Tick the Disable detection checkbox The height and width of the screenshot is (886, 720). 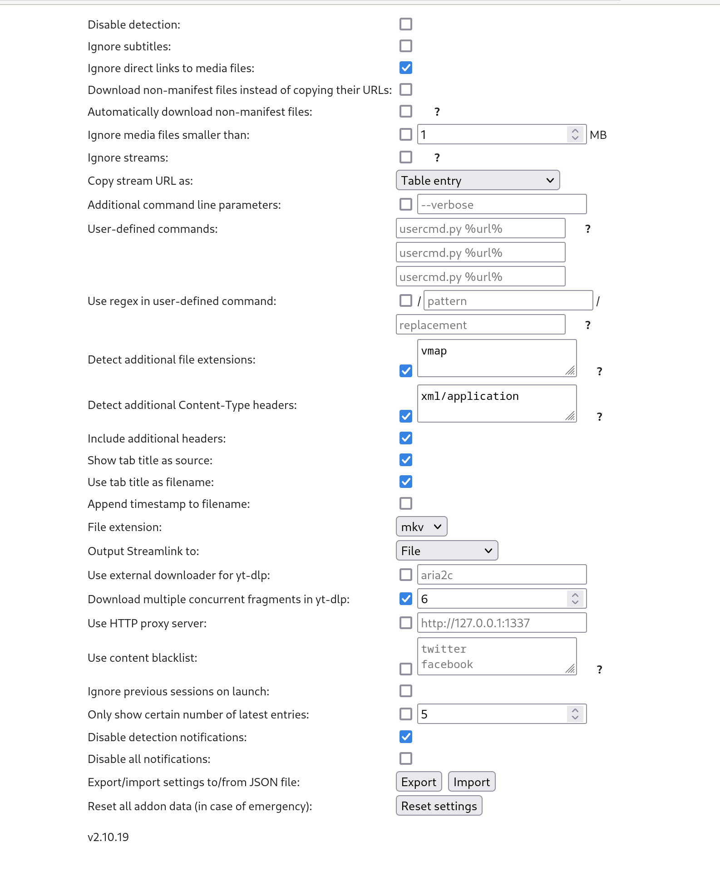pos(406,24)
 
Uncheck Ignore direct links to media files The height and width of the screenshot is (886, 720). pos(406,68)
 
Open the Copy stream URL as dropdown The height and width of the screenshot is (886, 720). pos(478,180)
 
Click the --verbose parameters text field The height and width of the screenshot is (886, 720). pos(502,204)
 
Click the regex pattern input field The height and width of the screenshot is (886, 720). pos(508,300)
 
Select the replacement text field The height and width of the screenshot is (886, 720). pos(480,325)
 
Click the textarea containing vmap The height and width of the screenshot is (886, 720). pos(497,358)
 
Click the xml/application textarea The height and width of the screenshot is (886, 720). pos(497,403)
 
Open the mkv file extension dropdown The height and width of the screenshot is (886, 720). pos(421,527)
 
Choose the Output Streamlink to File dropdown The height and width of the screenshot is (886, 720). pos(447,551)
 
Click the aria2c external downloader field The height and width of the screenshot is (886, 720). pos(502,575)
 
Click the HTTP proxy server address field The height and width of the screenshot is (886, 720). pos(502,623)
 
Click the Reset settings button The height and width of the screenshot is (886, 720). pos(439,806)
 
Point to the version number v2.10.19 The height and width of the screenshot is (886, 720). pos(108,837)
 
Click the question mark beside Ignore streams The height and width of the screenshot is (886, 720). pos(437,158)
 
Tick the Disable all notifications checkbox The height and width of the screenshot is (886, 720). pos(406,758)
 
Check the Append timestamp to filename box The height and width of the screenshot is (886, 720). pos(406,503)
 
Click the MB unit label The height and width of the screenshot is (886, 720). pos(598,135)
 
